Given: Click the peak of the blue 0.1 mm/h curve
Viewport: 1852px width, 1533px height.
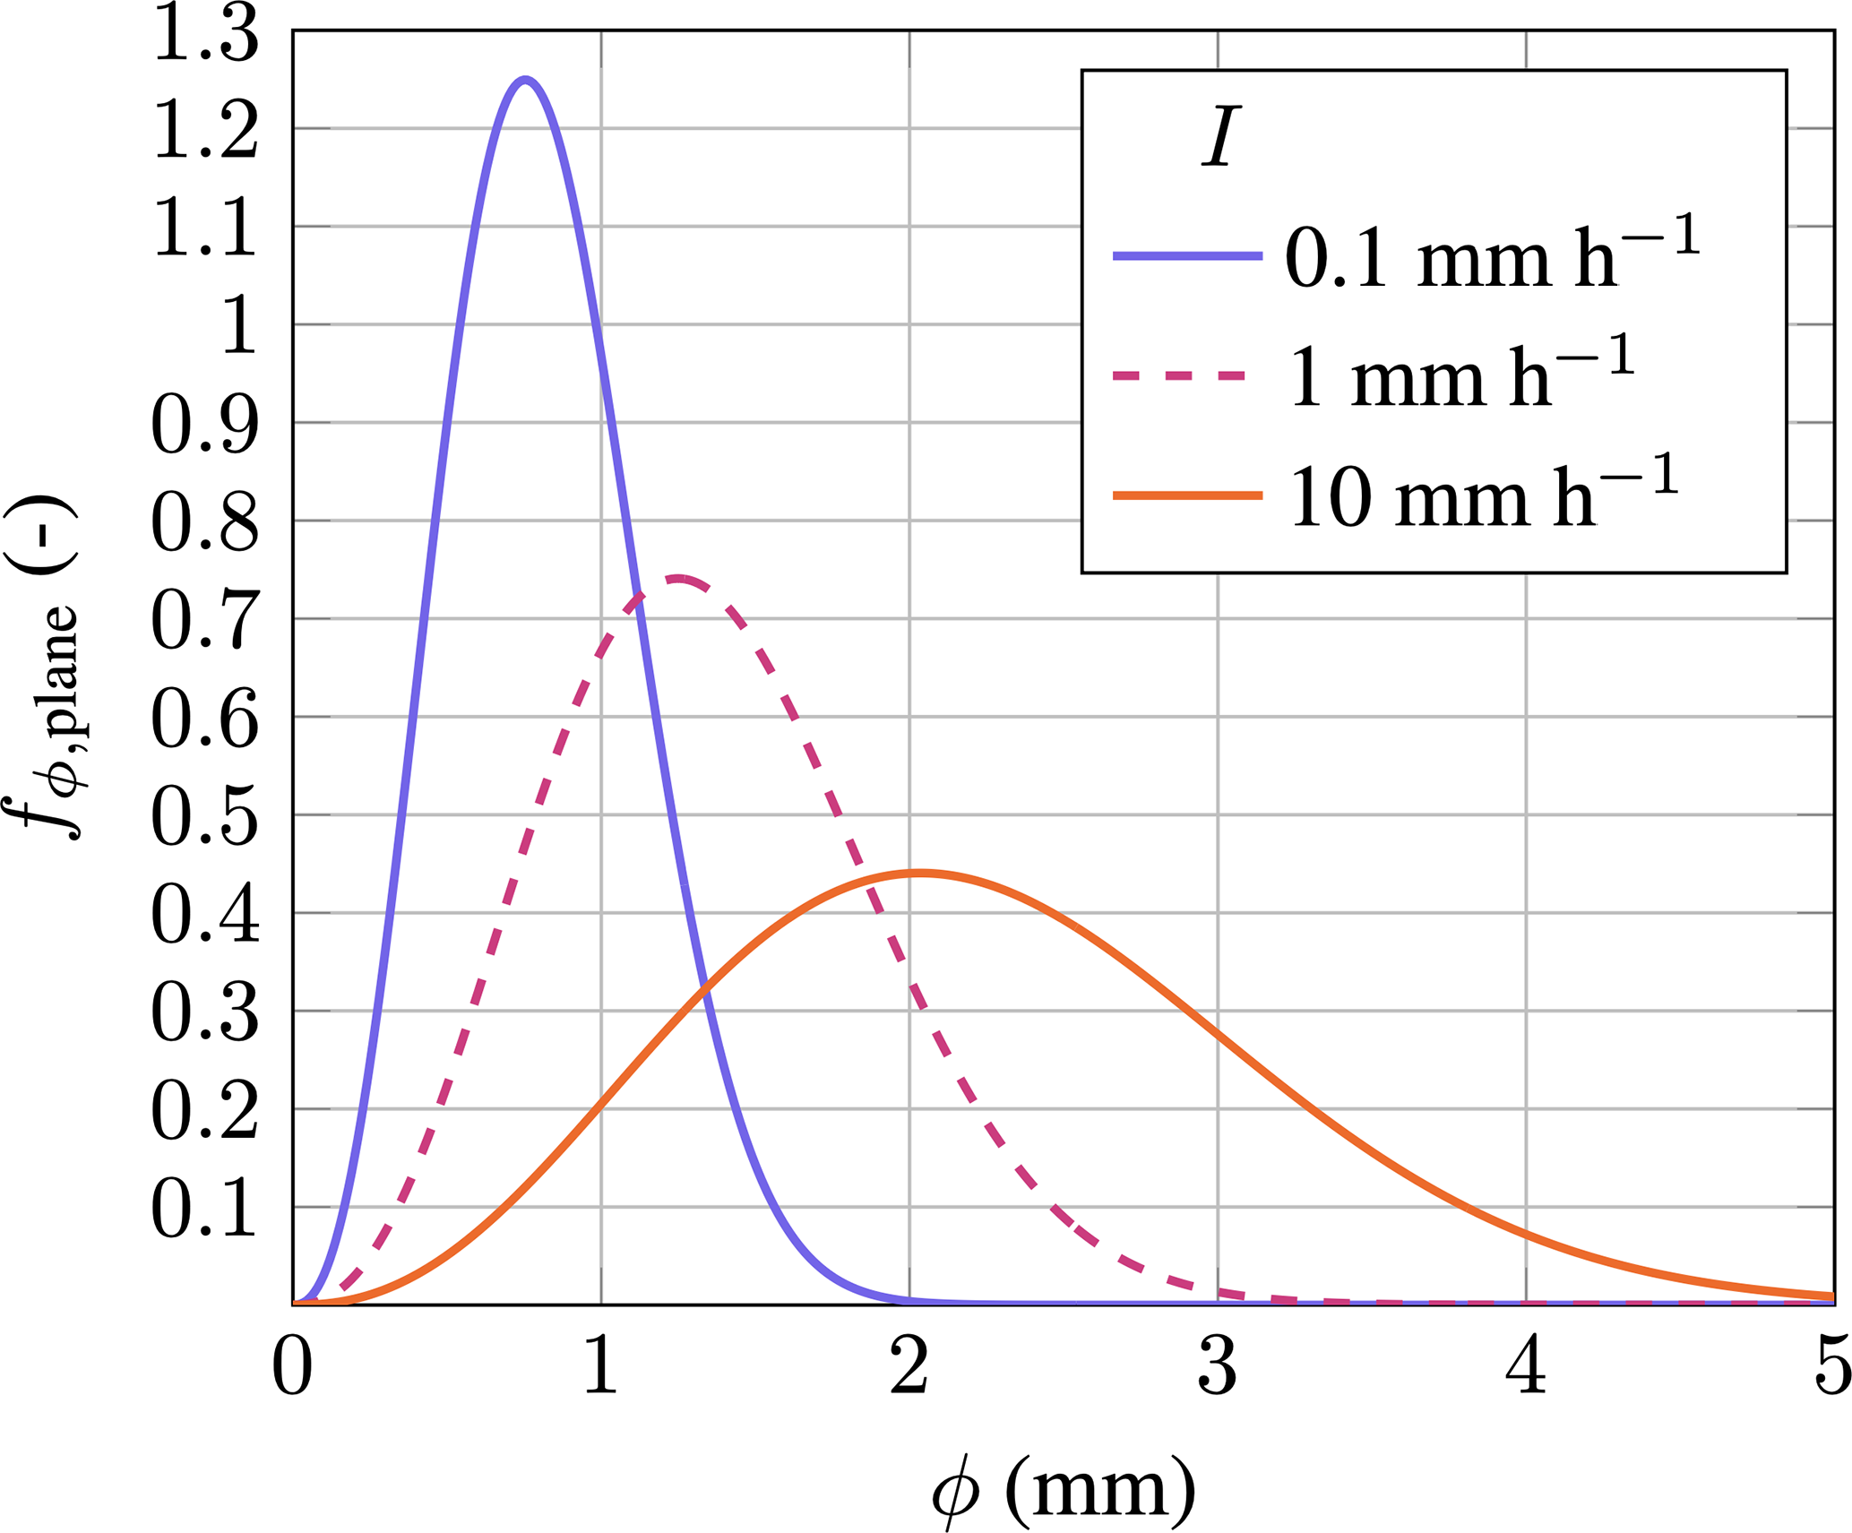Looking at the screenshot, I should click(526, 80).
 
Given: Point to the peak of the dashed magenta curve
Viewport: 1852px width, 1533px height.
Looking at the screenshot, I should click(678, 578).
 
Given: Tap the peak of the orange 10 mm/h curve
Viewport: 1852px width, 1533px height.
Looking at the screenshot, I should click(919, 872).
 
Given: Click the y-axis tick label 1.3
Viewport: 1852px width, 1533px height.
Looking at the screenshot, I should click(206, 36).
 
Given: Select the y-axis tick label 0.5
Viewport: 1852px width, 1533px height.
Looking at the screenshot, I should click(206, 815).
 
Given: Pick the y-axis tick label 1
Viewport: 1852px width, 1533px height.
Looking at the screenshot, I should click(238, 325).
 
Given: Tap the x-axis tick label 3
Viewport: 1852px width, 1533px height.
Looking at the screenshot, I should click(1218, 1367).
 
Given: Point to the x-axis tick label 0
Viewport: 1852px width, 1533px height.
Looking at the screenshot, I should click(293, 1367).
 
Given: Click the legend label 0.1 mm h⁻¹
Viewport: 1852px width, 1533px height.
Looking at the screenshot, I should click(1492, 257).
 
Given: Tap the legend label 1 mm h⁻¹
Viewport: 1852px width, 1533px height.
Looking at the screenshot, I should click(1461, 377).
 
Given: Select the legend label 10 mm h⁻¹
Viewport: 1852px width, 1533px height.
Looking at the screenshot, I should click(1483, 495).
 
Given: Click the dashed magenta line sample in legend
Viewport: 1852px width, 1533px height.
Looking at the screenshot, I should click(1179, 376).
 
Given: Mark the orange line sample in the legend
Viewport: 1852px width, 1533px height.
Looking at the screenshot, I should click(1187, 495).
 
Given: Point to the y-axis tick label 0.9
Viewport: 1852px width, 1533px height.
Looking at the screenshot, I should click(206, 424).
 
